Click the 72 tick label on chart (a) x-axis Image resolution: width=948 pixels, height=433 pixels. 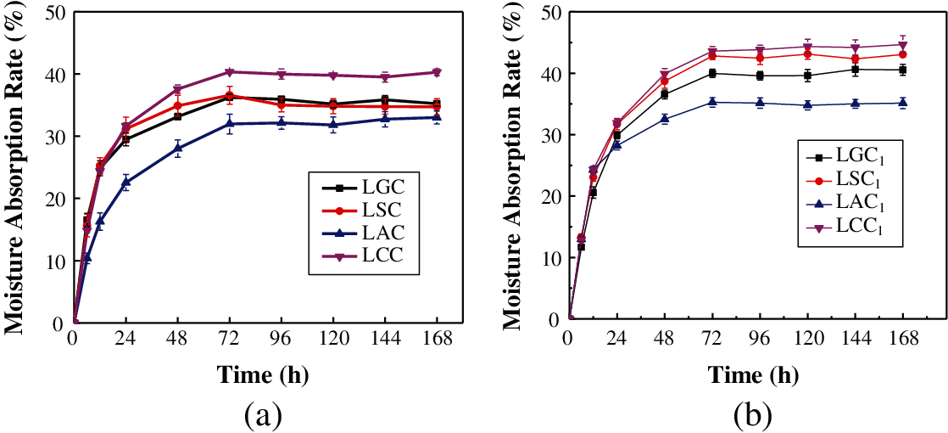point(228,338)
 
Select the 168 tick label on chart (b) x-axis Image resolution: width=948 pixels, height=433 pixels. point(904,338)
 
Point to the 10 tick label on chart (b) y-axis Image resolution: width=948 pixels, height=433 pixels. point(552,258)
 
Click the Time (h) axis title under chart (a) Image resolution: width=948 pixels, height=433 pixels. point(262,374)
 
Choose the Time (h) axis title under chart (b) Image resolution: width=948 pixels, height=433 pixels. point(746,374)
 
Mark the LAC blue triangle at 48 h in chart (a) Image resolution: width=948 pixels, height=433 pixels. point(177,148)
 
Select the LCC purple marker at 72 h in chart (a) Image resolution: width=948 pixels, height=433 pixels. point(229,72)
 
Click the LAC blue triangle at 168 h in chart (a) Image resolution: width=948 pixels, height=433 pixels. point(436,117)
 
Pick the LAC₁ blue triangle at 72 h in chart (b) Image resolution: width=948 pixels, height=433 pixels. point(712,102)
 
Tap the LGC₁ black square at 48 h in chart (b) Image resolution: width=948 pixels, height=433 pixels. point(665,93)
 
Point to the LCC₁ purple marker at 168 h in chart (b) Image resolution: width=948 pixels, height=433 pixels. point(903,45)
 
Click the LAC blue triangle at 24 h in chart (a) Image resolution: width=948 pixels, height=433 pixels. point(126,182)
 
